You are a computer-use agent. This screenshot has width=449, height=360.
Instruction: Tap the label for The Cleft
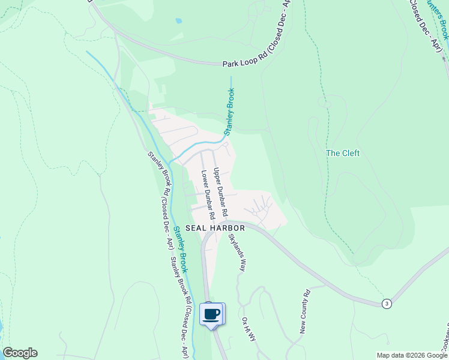pos(343,153)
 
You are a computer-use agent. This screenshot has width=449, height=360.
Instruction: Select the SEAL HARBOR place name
pos(215,228)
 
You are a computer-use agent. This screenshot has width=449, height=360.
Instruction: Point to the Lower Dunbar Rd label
pos(208,194)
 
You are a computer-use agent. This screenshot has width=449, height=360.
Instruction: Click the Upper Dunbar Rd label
pos(220,192)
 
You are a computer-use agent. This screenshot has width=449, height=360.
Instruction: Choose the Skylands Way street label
pos(236,251)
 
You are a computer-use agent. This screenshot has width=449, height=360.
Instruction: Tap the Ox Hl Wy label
pos(249,329)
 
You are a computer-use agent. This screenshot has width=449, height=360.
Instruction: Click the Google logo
pos(20,353)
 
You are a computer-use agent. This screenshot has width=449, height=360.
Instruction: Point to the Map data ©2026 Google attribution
pos(411,355)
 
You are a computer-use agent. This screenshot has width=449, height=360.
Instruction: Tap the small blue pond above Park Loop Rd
pos(179,20)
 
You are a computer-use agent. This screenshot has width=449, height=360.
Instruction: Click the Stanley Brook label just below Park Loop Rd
pos(229,112)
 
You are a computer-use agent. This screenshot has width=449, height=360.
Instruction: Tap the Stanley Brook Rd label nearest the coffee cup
pos(181,306)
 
